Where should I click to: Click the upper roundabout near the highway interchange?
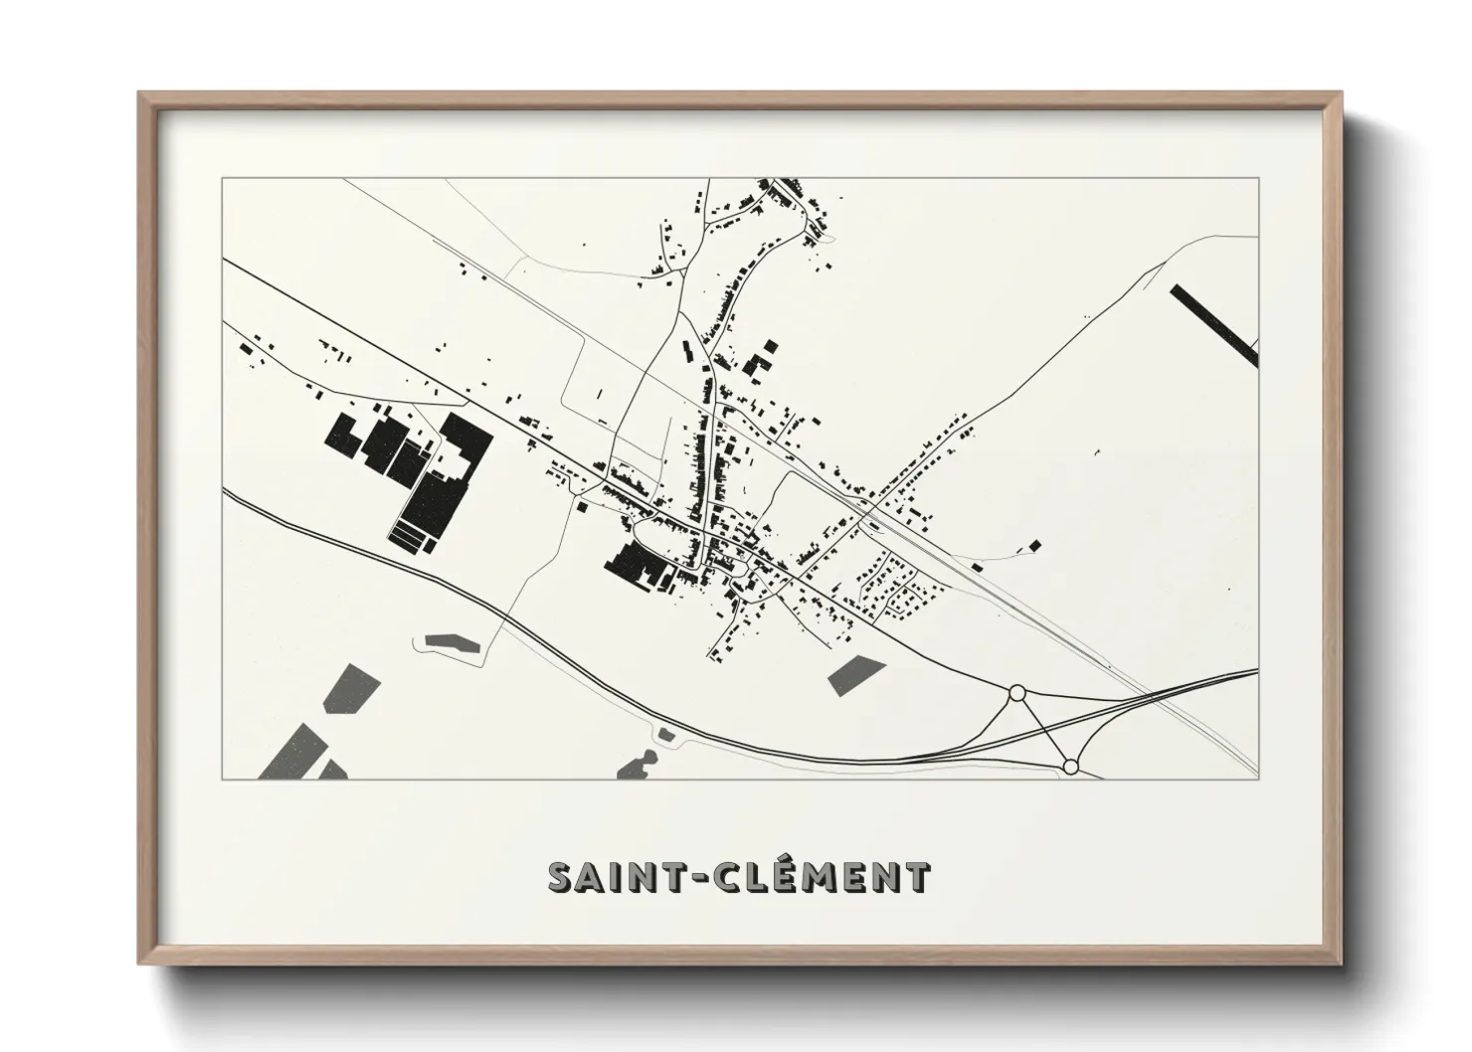click(x=1016, y=693)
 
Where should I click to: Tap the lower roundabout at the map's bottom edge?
click(x=1070, y=767)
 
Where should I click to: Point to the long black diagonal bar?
click(x=1214, y=323)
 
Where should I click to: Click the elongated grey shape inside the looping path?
click(x=453, y=642)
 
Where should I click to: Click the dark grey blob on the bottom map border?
click(x=634, y=767)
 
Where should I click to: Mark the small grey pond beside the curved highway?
click(x=665, y=735)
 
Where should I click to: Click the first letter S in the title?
click(x=561, y=877)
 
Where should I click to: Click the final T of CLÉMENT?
click(x=918, y=878)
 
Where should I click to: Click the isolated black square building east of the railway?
click(x=1034, y=545)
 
